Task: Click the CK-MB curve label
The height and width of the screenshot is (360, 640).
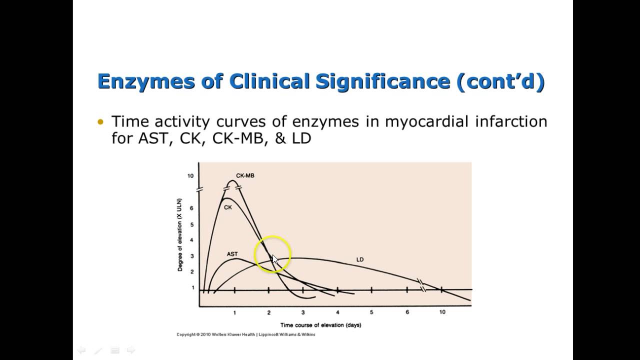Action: tap(245, 175)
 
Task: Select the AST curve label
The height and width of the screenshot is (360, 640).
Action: tap(232, 254)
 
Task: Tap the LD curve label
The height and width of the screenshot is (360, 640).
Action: tap(360, 259)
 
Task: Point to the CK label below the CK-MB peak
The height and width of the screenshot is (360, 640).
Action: tap(227, 207)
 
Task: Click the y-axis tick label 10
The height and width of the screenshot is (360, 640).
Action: tap(190, 176)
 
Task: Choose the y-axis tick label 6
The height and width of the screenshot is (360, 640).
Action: tap(191, 208)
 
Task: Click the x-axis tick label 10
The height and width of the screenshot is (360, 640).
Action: tap(442, 312)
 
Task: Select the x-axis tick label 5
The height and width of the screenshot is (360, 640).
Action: tap(371, 312)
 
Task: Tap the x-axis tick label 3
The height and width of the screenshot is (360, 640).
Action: tap(303, 312)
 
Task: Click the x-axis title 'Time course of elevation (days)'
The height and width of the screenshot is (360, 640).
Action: tap(320, 325)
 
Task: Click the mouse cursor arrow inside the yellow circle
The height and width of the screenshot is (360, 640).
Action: tap(274, 259)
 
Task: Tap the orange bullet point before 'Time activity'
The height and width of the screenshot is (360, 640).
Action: tap(101, 122)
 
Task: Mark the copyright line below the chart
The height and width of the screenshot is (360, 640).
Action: tap(245, 334)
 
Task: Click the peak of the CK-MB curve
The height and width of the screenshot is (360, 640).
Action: tap(232, 181)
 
